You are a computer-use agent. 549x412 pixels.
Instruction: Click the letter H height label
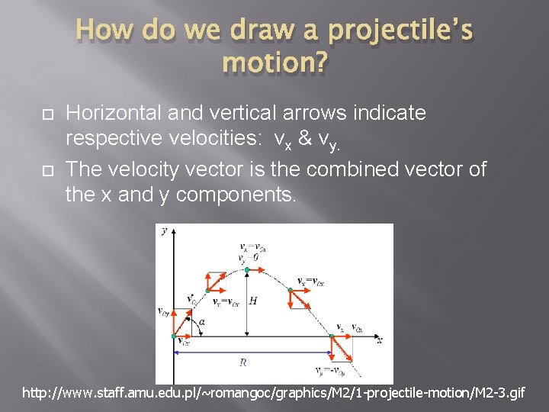pyautogui.click(x=253, y=301)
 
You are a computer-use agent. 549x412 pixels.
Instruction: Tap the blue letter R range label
pyautogui.click(x=242, y=362)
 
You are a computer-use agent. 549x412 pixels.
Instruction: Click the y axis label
pyautogui.click(x=165, y=231)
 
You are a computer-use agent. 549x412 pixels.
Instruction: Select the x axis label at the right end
pyautogui.click(x=379, y=338)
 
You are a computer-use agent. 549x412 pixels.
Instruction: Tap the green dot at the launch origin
pyautogui.click(x=174, y=336)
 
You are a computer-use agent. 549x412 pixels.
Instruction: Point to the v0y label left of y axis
pyautogui.click(x=163, y=311)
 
